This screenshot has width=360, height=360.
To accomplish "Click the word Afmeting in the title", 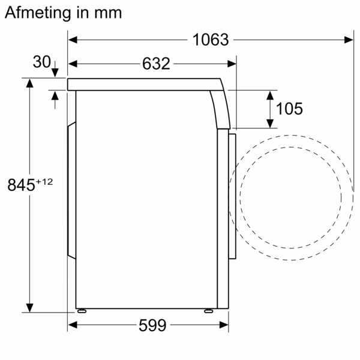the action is tap(38, 13).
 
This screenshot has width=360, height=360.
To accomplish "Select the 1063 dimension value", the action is tap(211, 40).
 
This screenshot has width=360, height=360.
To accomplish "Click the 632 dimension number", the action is tap(156, 64).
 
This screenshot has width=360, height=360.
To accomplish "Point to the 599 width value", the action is tap(152, 325).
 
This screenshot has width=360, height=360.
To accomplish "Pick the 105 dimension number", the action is tap(289, 109).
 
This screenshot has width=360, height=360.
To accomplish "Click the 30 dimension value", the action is tap(42, 62).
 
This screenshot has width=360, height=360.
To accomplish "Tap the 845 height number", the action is tap(22, 185).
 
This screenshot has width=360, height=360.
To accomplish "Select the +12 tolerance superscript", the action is tap(44, 182).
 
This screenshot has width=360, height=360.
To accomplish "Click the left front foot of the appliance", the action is tap(82, 311).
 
